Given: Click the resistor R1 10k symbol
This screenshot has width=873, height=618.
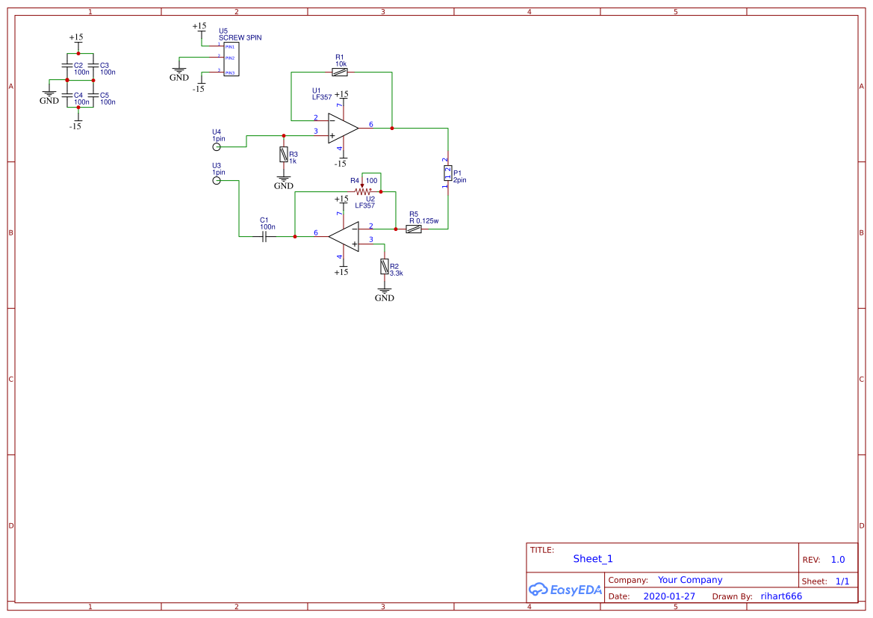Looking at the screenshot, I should click(x=341, y=72).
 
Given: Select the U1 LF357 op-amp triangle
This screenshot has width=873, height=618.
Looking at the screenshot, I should click(x=343, y=128).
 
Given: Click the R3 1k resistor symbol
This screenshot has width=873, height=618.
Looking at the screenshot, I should click(x=283, y=155).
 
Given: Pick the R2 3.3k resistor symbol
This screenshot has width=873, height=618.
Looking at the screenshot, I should click(x=385, y=266).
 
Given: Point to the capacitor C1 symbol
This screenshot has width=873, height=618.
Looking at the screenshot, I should click(x=264, y=236).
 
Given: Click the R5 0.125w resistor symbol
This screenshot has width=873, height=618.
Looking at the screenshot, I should click(x=414, y=229).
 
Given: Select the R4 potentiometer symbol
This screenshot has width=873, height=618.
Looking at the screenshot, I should click(x=362, y=191).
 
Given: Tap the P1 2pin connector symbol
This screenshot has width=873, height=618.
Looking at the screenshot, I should click(x=447, y=173).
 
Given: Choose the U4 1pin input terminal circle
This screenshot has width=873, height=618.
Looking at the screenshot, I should click(x=217, y=147).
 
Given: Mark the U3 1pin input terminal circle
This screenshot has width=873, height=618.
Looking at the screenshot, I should click(x=217, y=180).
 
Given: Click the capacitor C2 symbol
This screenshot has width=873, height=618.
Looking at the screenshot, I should click(x=67, y=67).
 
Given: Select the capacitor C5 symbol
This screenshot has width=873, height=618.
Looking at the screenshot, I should click(x=93, y=95).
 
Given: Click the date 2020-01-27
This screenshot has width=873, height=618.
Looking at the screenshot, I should click(x=668, y=596).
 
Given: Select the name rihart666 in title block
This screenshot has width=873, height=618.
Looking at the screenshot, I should click(x=780, y=596).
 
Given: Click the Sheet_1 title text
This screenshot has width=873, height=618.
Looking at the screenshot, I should click(x=592, y=558).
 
